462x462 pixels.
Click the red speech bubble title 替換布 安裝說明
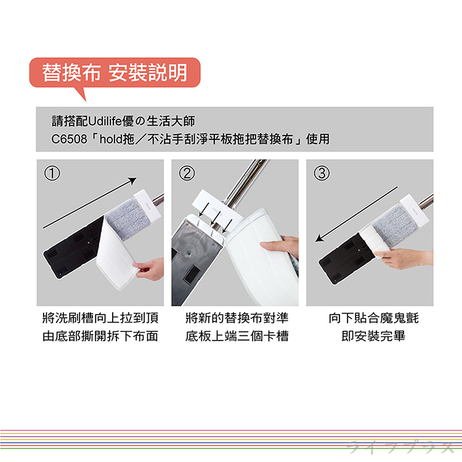coord(114,73)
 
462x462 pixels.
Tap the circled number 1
coord(52,173)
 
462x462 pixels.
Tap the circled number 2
coord(187,173)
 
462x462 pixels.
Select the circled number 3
coord(322,173)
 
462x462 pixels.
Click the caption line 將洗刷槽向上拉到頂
coord(100,318)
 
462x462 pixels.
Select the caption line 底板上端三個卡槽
coord(237,337)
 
